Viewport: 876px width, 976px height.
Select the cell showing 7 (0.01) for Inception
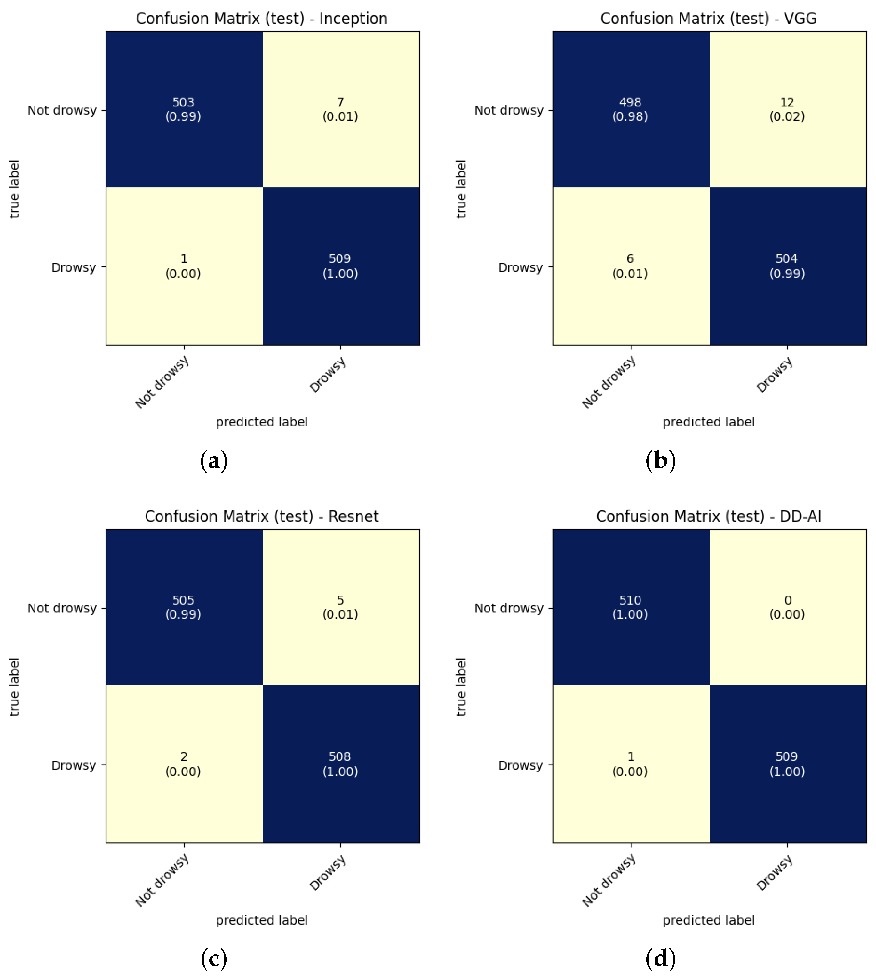pos(340,109)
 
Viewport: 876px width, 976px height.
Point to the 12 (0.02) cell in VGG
pos(787,109)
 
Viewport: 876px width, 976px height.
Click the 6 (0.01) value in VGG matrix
pos(630,266)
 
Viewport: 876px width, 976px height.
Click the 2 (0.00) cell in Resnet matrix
pos(184,764)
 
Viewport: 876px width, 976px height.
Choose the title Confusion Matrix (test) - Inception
pos(261,19)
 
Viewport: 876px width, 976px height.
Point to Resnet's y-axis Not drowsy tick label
pos(62,608)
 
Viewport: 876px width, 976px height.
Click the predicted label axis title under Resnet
pos(261,920)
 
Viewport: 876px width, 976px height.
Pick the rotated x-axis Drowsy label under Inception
pos(328,375)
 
